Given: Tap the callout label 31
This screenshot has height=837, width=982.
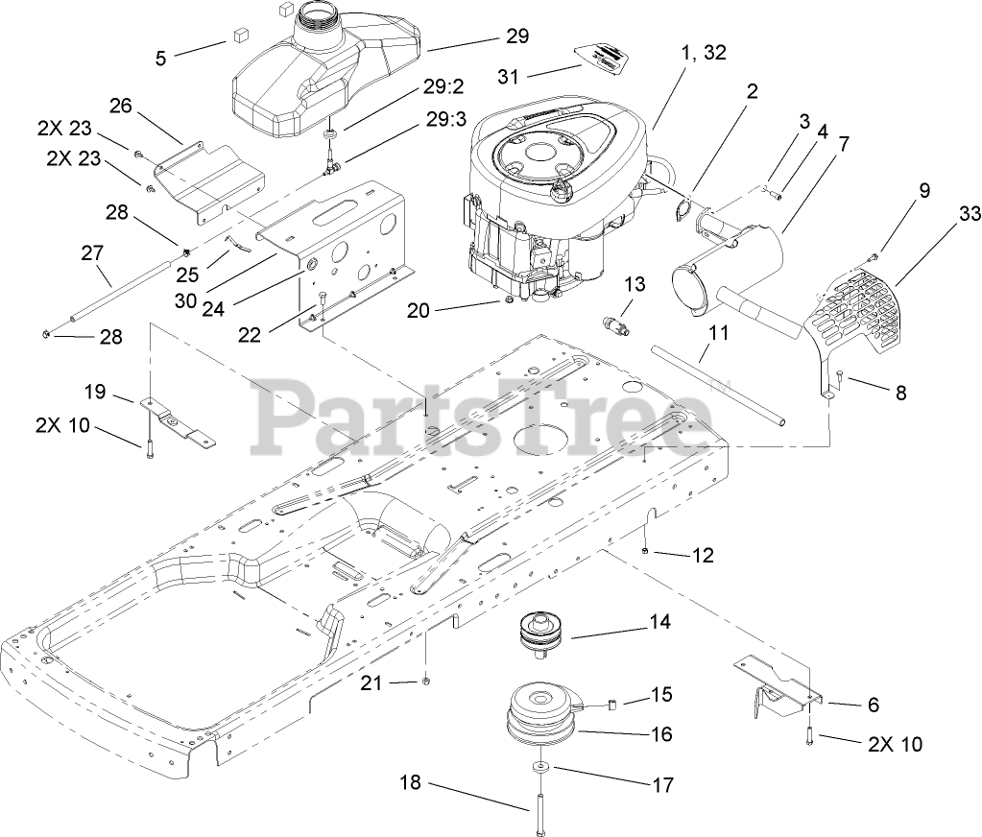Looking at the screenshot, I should pyautogui.click(x=513, y=75).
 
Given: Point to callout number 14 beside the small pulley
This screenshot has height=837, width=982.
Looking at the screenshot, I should pyautogui.click(x=659, y=622).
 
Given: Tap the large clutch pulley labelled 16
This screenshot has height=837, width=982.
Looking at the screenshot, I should pyautogui.click(x=546, y=715).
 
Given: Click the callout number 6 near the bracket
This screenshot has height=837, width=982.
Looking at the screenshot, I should pyautogui.click(x=873, y=705).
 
